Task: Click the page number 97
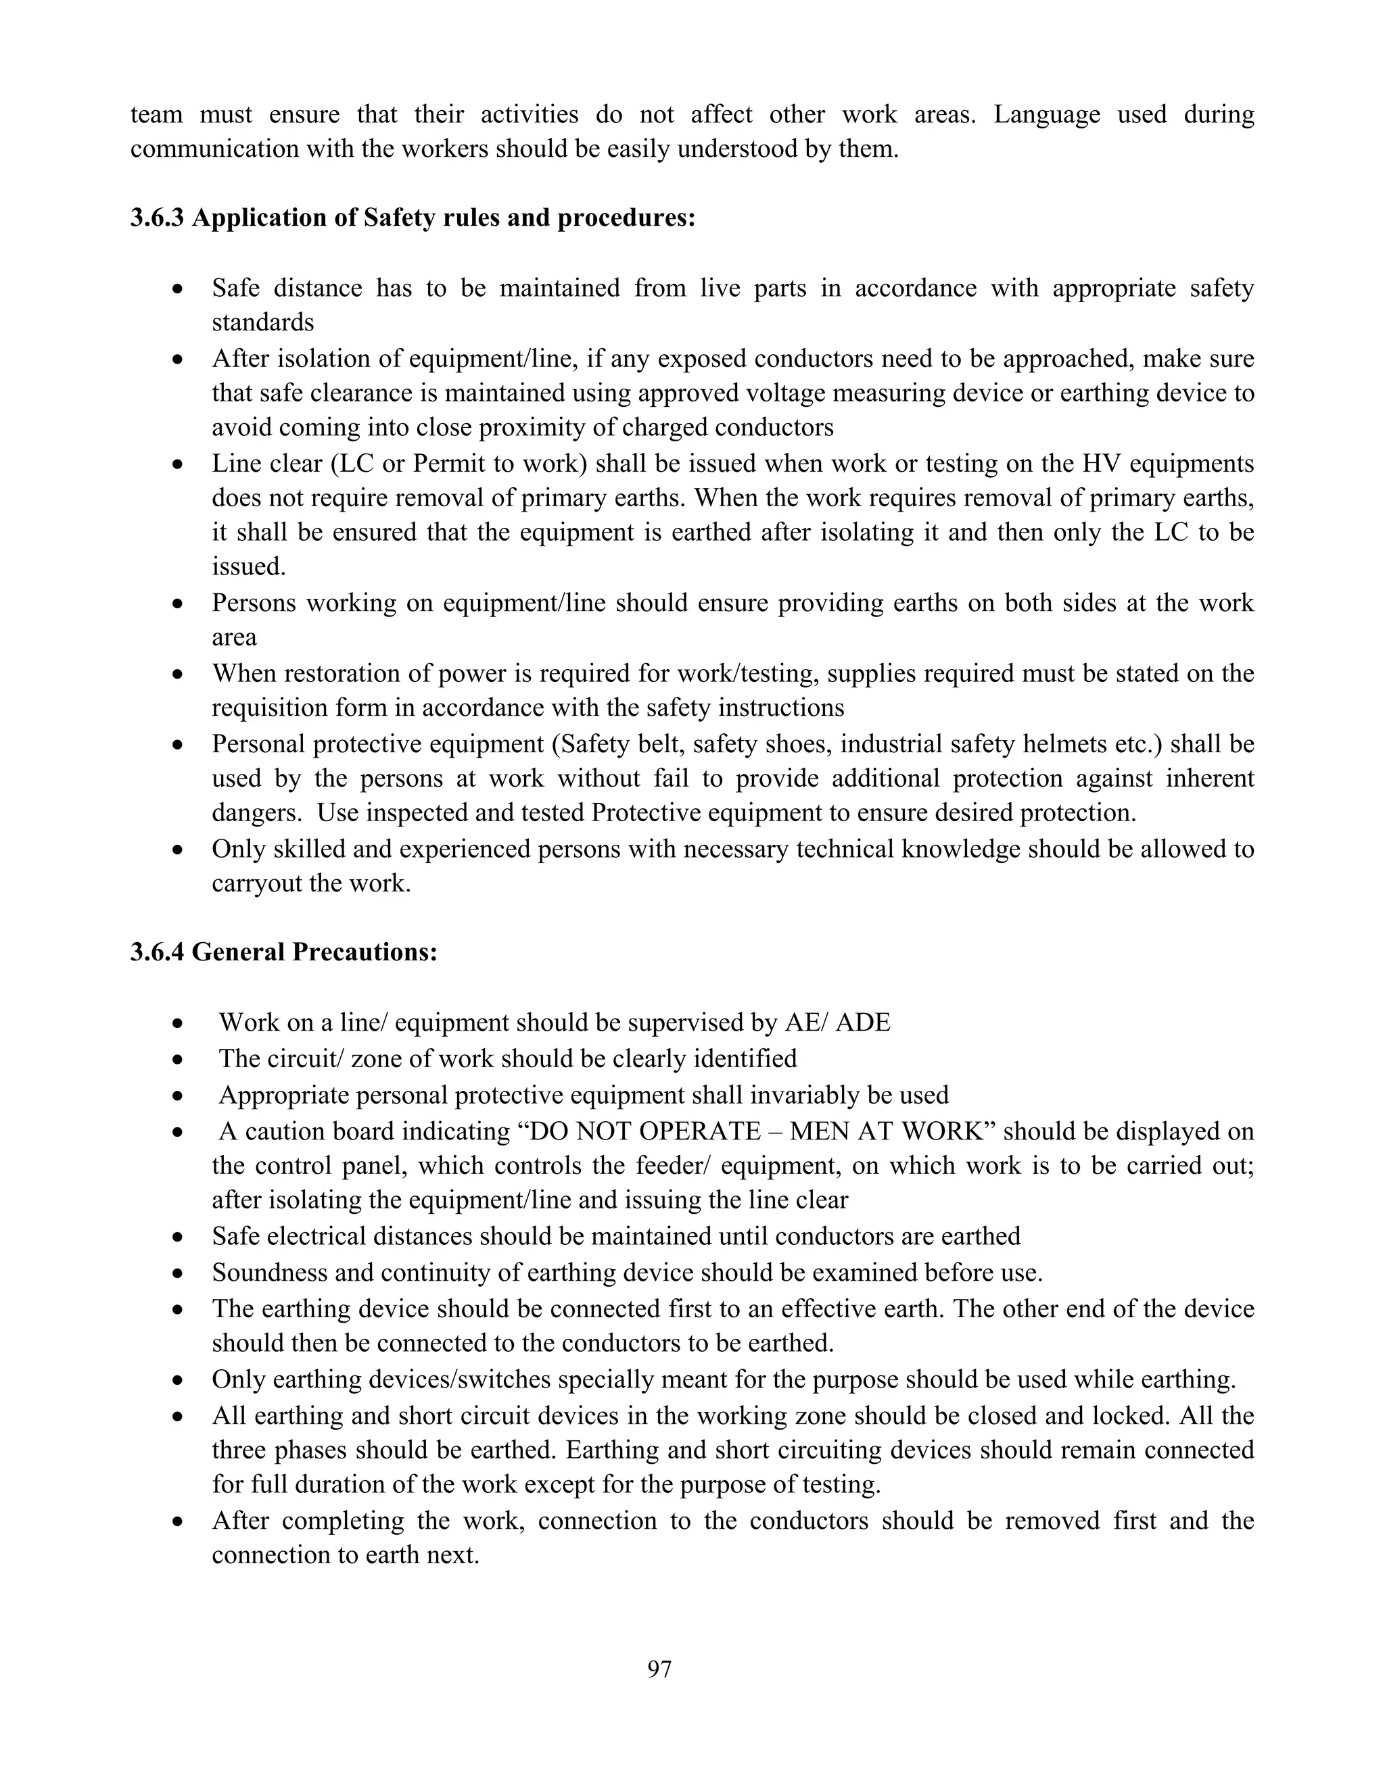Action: [x=659, y=1669]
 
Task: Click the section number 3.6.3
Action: [x=158, y=218]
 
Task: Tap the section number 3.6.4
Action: [x=158, y=952]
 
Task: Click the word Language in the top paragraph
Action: [x=1046, y=114]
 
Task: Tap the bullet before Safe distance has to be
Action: [x=177, y=289]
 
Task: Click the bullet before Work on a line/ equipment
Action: [x=177, y=1024]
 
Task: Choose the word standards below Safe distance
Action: [x=262, y=322]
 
